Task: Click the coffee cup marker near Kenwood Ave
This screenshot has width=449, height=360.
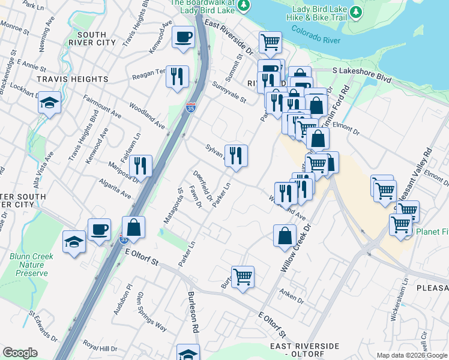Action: (183, 37)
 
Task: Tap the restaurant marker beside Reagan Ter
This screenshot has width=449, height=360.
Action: (177, 76)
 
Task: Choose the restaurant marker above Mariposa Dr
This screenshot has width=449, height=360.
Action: (140, 166)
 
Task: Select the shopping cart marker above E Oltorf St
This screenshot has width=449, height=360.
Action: (243, 277)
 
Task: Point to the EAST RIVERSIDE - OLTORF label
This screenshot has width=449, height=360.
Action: (304, 350)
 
